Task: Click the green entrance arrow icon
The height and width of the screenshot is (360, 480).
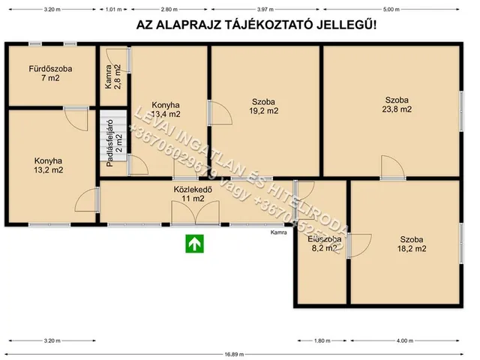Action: pyautogui.click(x=195, y=242)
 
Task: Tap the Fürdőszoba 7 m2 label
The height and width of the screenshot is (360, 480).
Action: pyautogui.click(x=50, y=73)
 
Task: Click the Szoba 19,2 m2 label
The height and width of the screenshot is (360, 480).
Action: pyautogui.click(x=263, y=106)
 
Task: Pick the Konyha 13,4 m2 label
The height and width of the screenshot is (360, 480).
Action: pyautogui.click(x=166, y=109)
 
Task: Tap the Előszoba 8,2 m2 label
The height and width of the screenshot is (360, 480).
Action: pyautogui.click(x=324, y=244)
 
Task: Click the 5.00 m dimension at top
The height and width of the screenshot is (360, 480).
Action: pyautogui.click(x=391, y=9)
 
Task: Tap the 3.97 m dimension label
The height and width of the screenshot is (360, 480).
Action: pyautogui.click(x=265, y=9)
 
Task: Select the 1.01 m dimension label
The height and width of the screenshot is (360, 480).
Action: pyautogui.click(x=112, y=9)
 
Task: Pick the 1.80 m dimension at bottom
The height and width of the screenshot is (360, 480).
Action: pyautogui.click(x=321, y=340)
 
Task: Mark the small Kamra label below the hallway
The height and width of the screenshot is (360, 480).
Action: pyautogui.click(x=279, y=232)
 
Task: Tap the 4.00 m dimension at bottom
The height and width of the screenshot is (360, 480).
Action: pyautogui.click(x=405, y=340)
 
